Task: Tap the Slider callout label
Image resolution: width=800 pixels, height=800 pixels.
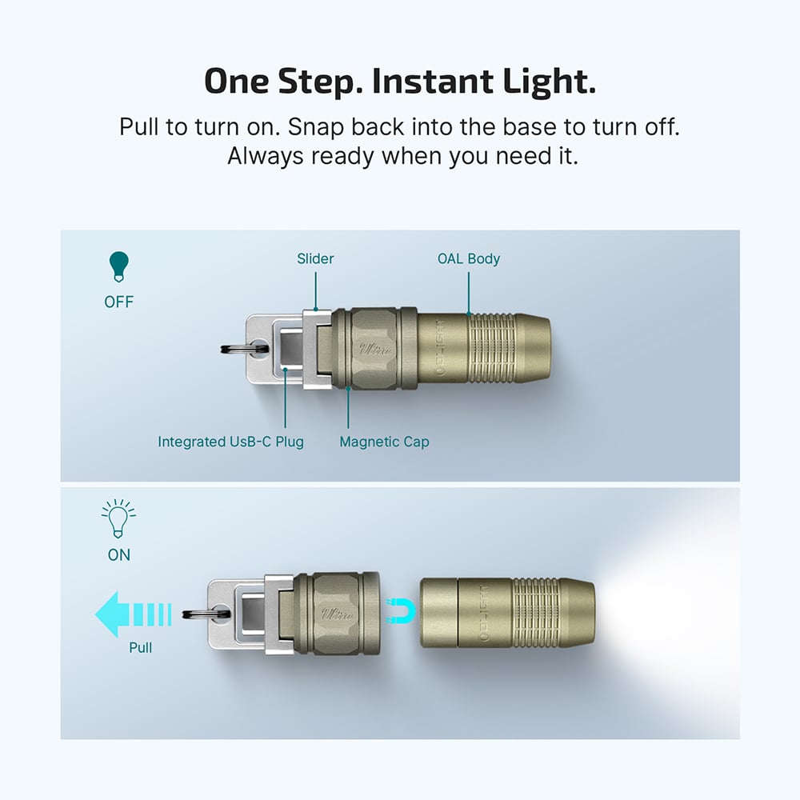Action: click(x=315, y=258)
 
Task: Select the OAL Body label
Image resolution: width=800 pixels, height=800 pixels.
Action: click(x=468, y=258)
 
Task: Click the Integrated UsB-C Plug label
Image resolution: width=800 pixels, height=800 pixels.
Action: click(x=230, y=442)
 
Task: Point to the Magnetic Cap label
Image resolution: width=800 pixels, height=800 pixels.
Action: click(x=384, y=442)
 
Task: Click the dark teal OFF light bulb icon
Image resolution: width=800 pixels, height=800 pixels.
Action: click(x=118, y=266)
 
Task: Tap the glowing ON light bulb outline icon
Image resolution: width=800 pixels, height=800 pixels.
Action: click(x=118, y=519)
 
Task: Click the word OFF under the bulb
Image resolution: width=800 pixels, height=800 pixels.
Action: click(x=118, y=302)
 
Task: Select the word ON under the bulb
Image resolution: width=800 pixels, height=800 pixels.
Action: click(x=118, y=554)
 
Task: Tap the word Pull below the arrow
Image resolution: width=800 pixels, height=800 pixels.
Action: click(x=141, y=647)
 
